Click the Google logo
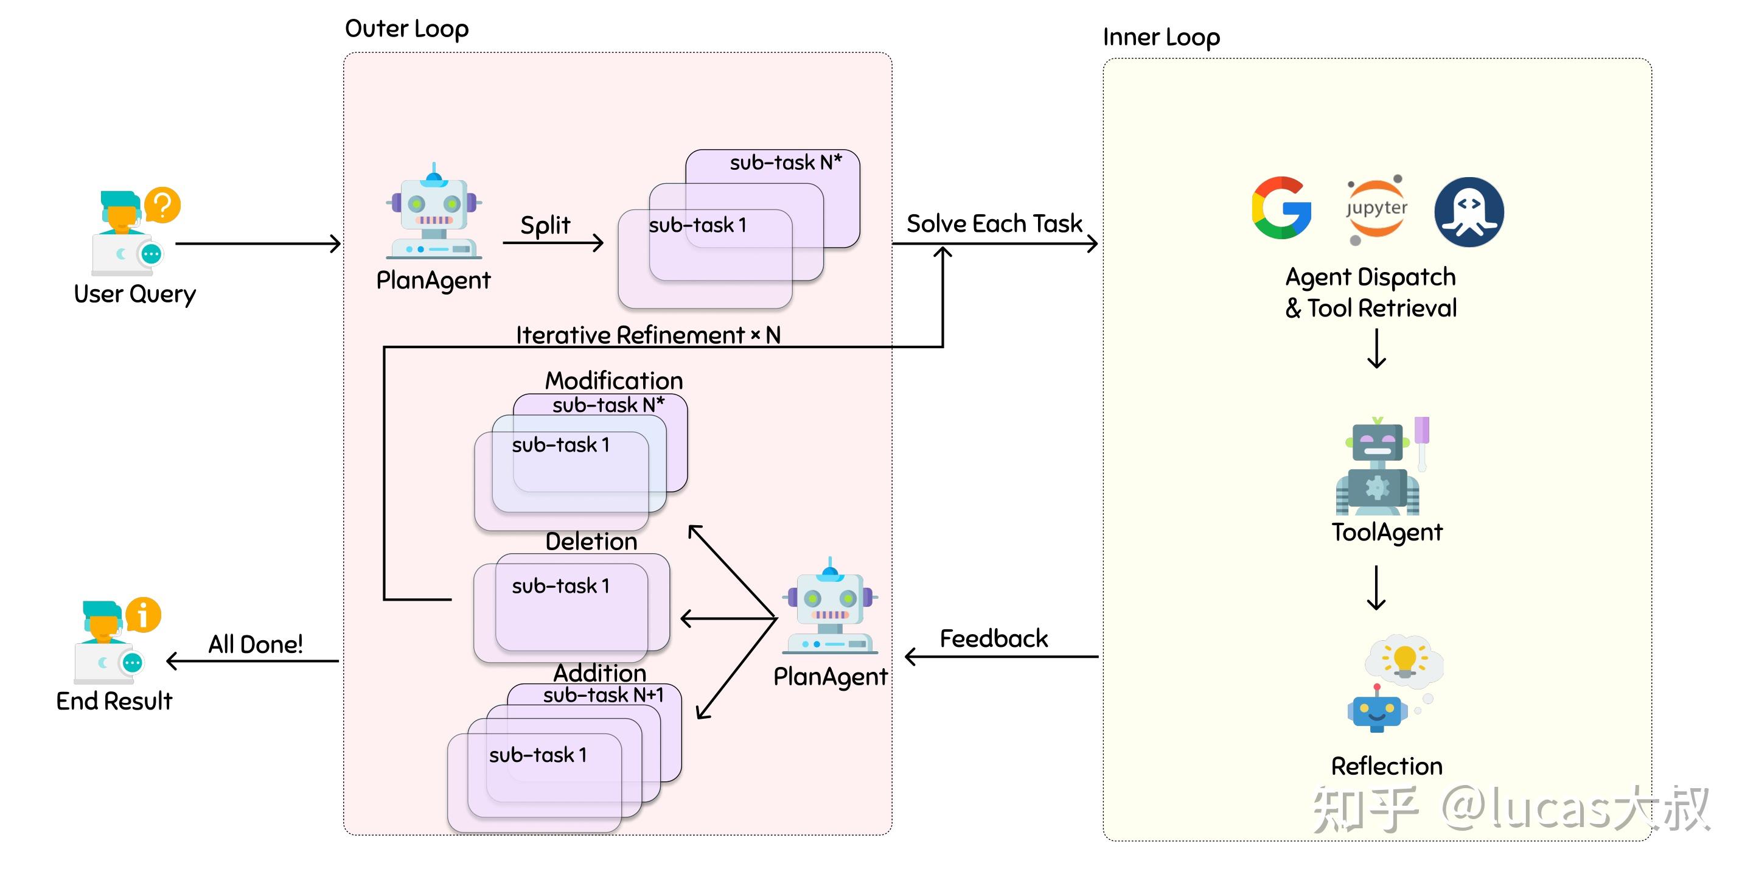1281,208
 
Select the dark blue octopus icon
1469,211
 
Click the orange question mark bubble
162,204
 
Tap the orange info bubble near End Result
143,615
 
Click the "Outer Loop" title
407,29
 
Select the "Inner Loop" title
1161,37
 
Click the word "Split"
545,225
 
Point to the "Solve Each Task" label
994,223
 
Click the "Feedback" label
993,638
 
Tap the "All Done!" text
255,644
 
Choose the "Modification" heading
613,380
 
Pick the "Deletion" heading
591,541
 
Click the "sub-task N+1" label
604,695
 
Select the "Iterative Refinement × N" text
647,335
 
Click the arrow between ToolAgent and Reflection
1376,587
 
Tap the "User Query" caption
135,294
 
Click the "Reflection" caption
1387,766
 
